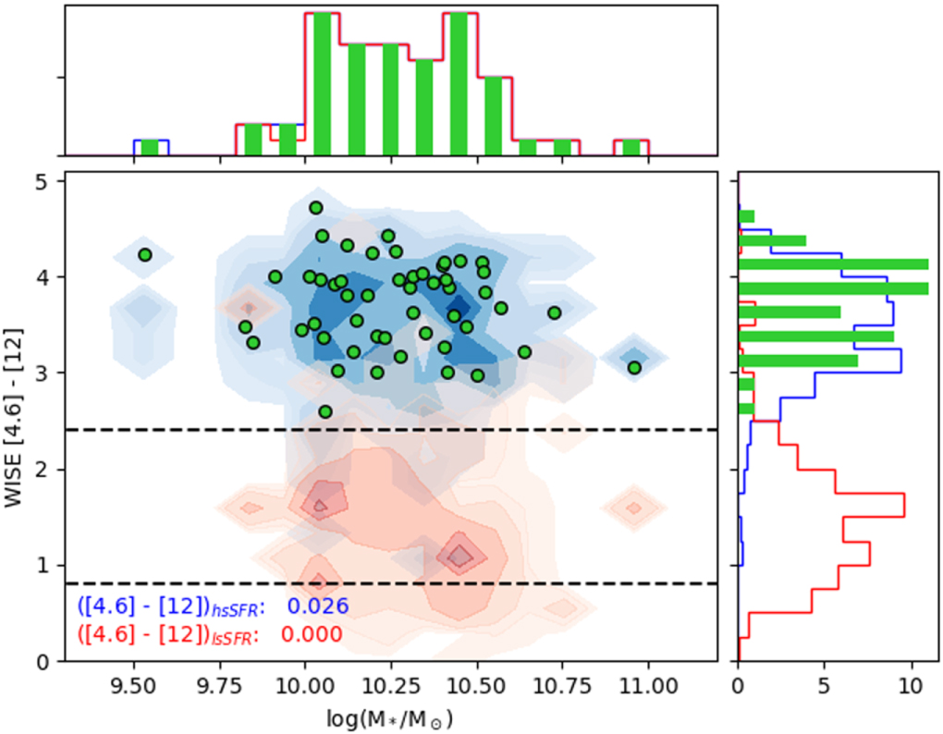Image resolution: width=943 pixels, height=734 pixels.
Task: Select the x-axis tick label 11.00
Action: click(x=647, y=683)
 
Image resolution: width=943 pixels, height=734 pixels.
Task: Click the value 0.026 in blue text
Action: click(x=317, y=606)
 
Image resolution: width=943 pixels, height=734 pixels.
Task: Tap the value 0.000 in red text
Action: click(x=311, y=634)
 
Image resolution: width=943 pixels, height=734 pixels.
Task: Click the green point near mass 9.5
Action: click(x=144, y=254)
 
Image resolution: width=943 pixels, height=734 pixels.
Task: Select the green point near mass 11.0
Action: click(x=634, y=367)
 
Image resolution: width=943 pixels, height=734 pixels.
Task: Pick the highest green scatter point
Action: click(x=315, y=207)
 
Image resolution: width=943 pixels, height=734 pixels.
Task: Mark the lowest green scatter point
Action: click(x=325, y=411)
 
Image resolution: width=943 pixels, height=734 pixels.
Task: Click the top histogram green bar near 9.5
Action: click(x=150, y=147)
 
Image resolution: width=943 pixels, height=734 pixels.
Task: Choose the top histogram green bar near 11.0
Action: click(x=631, y=147)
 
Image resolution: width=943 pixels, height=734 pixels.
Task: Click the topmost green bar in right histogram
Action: click(x=747, y=216)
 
